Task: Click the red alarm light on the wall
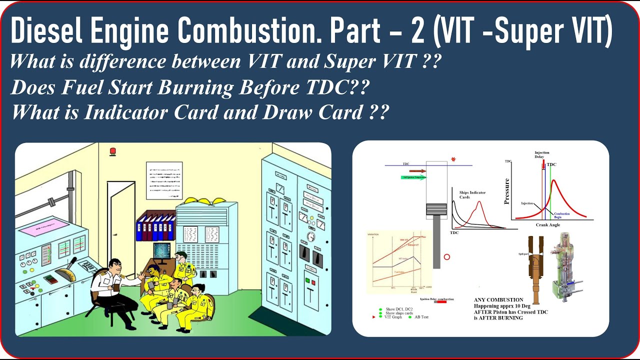113,150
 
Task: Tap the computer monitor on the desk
161,250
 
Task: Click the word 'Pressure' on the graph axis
506,191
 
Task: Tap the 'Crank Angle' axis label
548,225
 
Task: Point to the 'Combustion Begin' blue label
561,215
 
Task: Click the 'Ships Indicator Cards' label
472,194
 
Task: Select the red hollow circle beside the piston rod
447,257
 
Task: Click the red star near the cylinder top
453,159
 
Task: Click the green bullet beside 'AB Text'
410,317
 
